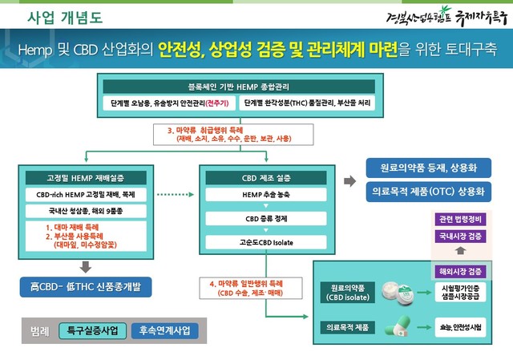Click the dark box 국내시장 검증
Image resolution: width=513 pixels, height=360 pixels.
click(461, 237)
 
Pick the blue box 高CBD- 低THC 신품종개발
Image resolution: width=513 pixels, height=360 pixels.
click(86, 286)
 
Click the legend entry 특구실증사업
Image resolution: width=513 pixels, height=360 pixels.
click(92, 330)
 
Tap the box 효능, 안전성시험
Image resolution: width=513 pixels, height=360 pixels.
click(461, 326)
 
